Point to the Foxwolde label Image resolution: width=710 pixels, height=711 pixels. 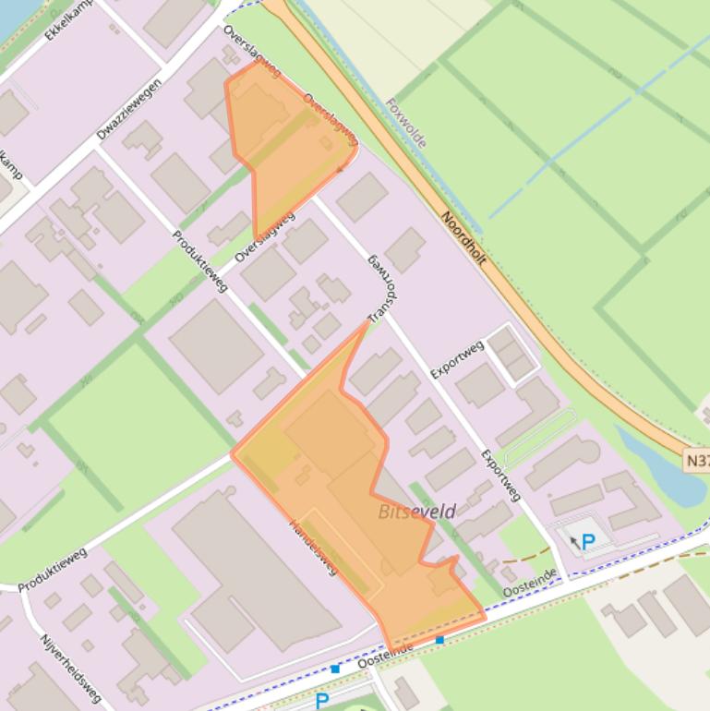pyautogui.click(x=406, y=122)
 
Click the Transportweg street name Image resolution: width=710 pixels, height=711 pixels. pyautogui.click(x=383, y=289)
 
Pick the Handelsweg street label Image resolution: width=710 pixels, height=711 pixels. pyautogui.click(x=315, y=547)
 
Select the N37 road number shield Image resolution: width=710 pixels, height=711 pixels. pyautogui.click(x=697, y=459)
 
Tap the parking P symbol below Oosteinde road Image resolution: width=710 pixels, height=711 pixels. pyautogui.click(x=321, y=701)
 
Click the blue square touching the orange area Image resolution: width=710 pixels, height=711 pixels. pyautogui.click(x=439, y=639)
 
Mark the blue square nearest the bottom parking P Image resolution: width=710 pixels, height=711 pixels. pyautogui.click(x=335, y=669)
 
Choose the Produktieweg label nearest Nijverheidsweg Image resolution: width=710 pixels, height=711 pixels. pyautogui.click(x=53, y=569)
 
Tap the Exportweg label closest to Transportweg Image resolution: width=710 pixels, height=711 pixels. pyautogui.click(x=457, y=360)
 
